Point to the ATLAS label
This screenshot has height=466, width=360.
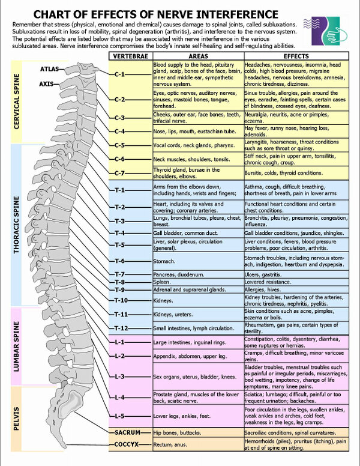49,69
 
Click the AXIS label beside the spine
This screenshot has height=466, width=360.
47,83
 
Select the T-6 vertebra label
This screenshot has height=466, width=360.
119,261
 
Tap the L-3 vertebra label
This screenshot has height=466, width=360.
119,377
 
